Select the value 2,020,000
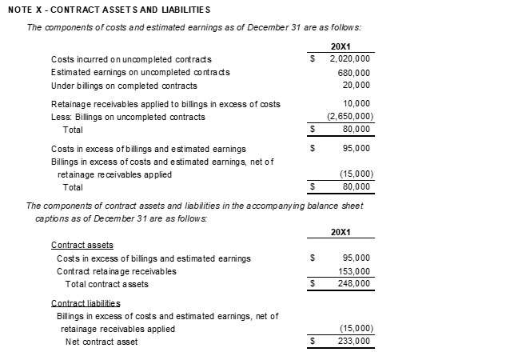tap(349, 58)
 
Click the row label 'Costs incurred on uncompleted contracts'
tap(131, 59)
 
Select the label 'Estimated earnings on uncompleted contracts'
tap(141, 72)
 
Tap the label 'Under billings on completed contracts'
tap(124, 85)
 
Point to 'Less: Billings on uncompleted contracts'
tap(128, 117)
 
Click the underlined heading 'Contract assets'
tap(82, 245)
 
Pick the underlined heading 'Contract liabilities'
tap(86, 303)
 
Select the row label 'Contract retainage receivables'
tap(116, 271)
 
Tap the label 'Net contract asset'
tap(101, 342)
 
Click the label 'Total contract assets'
tap(106, 284)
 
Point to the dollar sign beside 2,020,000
tap(313, 58)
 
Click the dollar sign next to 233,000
tap(313, 342)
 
